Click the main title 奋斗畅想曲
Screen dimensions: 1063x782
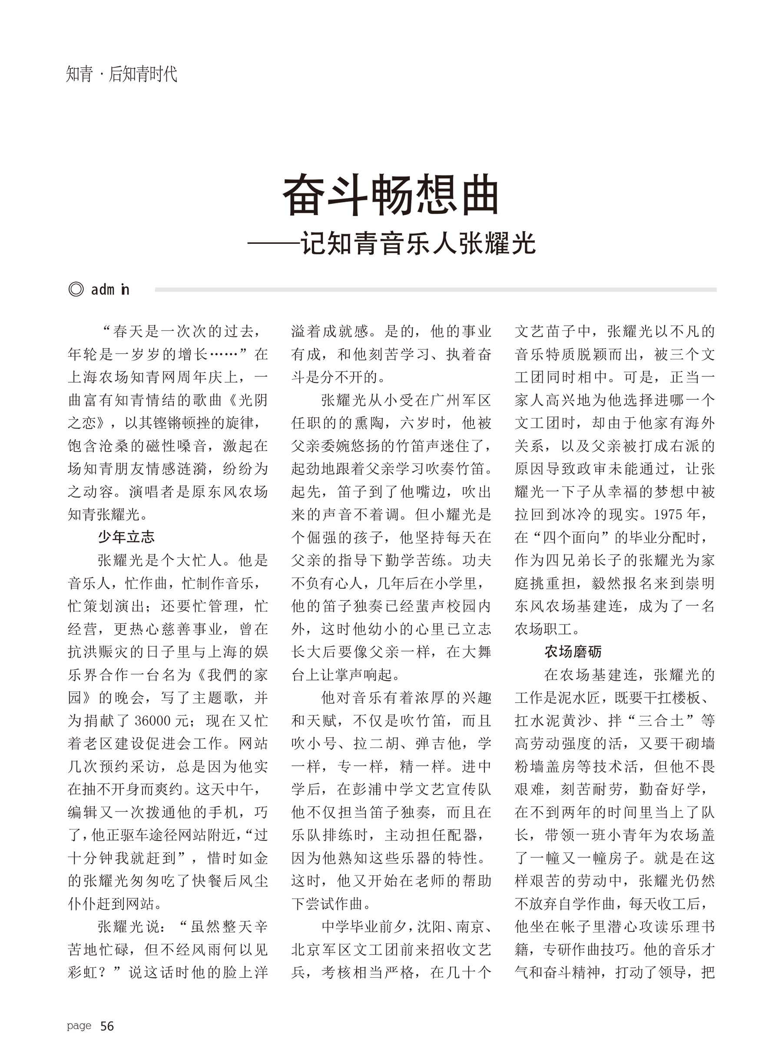click(x=391, y=195)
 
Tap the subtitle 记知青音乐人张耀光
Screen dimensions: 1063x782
click(x=418, y=244)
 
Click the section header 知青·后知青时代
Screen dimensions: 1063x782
click(x=121, y=74)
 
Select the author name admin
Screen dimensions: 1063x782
click(x=110, y=289)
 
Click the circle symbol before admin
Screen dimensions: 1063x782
click(x=76, y=289)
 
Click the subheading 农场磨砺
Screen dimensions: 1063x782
click(x=573, y=651)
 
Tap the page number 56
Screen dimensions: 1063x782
click(x=107, y=1026)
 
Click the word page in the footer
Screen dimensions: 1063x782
click(x=79, y=1026)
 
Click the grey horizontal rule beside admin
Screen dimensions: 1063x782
click(x=435, y=289)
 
